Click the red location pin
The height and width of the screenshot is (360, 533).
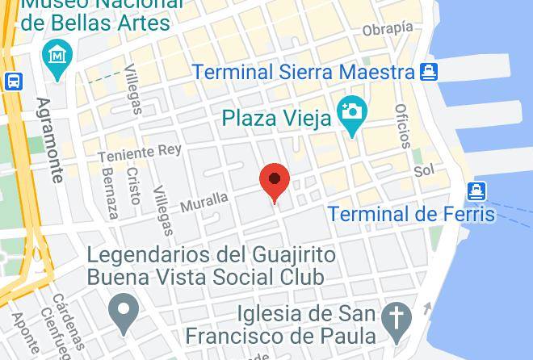[x=275, y=182]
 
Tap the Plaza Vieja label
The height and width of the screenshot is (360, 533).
[x=277, y=119]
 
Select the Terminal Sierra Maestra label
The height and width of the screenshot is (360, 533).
[x=304, y=72]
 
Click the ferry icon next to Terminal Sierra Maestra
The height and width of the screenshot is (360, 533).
[x=428, y=72]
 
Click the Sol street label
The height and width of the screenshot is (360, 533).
[x=424, y=171]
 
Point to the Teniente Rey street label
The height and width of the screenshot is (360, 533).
[x=140, y=152]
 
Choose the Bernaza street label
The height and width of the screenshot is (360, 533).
[x=110, y=193]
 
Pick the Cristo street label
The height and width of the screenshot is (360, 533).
[x=133, y=185]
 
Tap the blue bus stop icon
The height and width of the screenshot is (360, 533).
[x=13, y=81]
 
